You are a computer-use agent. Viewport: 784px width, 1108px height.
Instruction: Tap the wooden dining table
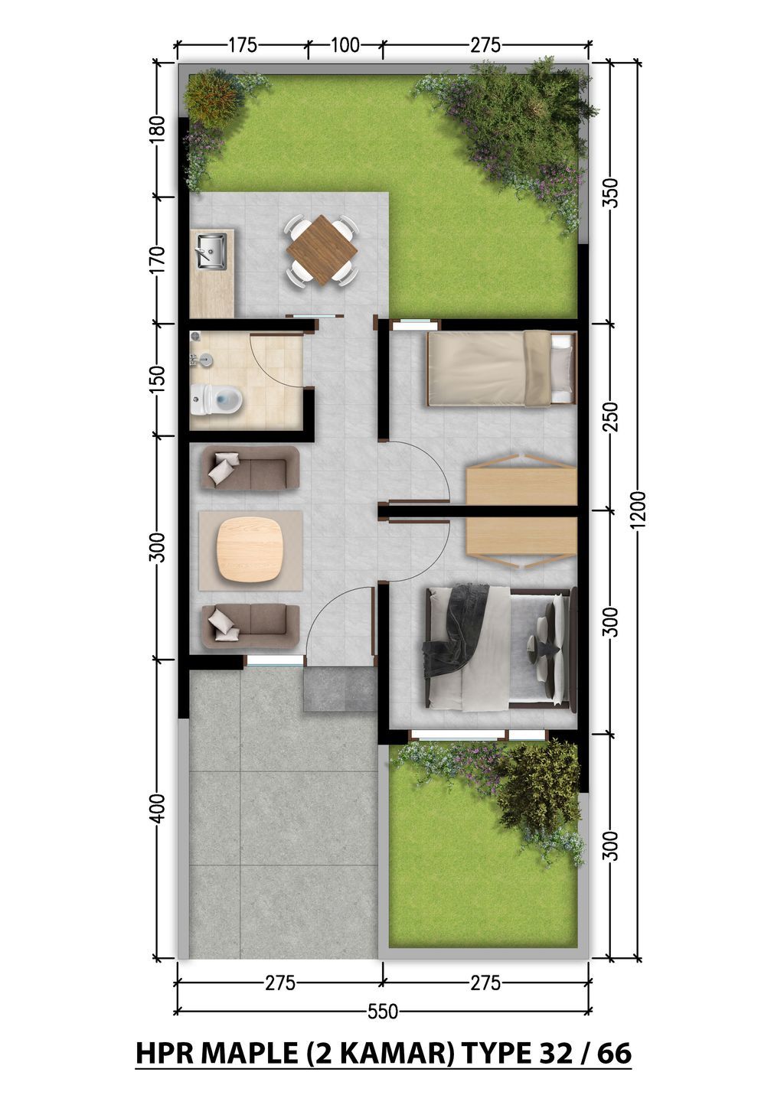point(322,250)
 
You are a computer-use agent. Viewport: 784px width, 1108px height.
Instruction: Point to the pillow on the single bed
point(562,368)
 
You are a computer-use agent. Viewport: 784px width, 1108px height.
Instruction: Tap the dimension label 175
point(242,45)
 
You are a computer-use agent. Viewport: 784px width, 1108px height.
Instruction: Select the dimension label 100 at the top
point(345,45)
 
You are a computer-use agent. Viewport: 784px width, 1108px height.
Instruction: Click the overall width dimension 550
point(383,1012)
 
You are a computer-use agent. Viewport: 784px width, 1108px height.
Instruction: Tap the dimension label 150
point(158,380)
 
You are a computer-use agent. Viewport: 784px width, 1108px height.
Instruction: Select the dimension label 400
point(158,808)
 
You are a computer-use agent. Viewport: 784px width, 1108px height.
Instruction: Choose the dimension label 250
point(610,417)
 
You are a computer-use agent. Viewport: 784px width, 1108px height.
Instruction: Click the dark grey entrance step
point(340,690)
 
